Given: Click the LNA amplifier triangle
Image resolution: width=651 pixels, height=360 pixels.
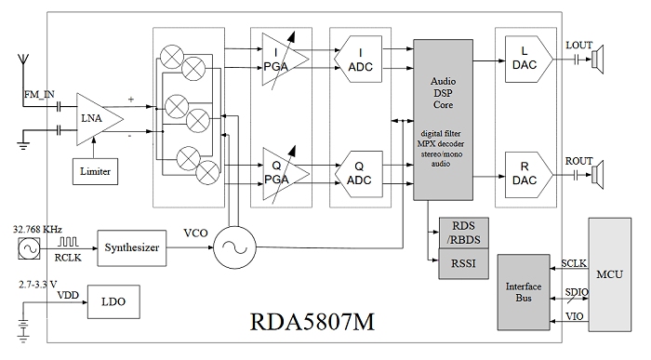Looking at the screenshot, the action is [99, 119].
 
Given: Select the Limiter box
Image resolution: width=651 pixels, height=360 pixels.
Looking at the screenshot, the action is [95, 171].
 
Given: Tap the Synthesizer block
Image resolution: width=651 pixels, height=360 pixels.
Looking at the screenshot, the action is [132, 247].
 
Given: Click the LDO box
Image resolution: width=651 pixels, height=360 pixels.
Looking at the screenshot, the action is [113, 302].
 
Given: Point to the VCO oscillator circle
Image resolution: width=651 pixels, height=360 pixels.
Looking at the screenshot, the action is [234, 247].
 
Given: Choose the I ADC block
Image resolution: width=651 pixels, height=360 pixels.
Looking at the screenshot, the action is [358, 59].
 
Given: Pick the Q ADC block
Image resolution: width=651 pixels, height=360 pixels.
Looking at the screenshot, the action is [358, 174].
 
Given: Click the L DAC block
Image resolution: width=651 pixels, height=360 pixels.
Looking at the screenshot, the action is [529, 59].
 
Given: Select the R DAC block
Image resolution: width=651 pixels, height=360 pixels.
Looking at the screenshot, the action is [529, 174].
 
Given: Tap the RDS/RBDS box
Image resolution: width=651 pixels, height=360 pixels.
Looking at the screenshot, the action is [464, 233].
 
